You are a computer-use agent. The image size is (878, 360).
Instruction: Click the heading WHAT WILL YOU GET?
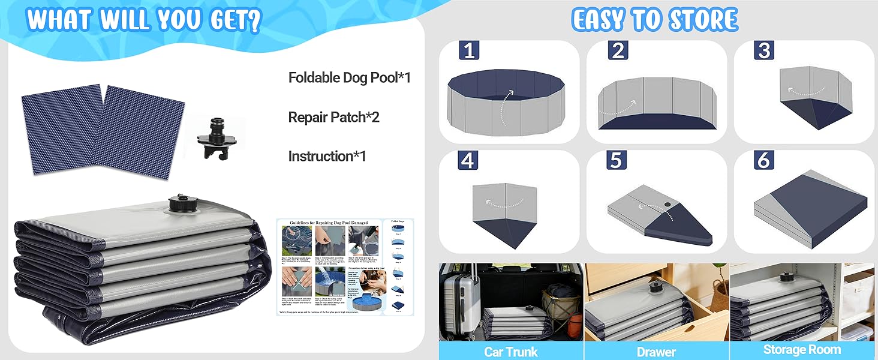click(144, 20)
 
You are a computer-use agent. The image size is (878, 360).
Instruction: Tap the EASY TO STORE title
click(654, 20)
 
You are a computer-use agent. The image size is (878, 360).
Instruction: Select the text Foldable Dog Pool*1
click(349, 77)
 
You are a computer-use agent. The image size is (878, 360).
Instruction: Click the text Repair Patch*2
click(333, 117)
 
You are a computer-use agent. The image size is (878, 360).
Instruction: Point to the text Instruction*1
click(327, 156)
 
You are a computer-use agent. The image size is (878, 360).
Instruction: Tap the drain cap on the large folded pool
click(178, 203)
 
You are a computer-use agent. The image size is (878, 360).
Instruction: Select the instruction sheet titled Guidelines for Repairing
click(345, 267)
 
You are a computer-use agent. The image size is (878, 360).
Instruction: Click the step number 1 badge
click(469, 51)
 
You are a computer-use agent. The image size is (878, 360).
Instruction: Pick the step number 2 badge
click(617, 51)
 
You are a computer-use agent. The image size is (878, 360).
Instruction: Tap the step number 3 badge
click(764, 51)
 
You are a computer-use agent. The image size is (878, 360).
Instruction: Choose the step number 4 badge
click(468, 160)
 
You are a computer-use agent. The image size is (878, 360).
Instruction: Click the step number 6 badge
click(764, 160)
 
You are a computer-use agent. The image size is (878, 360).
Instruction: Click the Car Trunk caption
click(510, 351)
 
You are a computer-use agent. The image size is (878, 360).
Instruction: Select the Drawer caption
click(656, 352)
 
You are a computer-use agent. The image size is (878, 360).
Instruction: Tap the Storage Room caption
click(802, 350)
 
